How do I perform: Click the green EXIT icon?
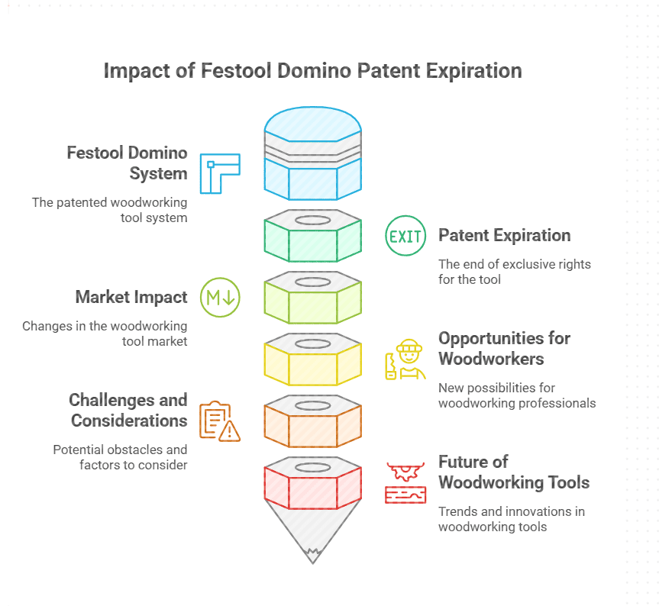click(405, 236)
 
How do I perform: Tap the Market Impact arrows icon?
click(220, 298)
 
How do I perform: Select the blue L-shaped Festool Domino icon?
click(220, 173)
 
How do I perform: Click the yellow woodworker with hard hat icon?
click(405, 359)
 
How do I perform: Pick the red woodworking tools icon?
click(405, 482)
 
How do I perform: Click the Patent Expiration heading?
click(504, 235)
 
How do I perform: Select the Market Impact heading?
click(131, 297)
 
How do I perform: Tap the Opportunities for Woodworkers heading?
click(504, 348)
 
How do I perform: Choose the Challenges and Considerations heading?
click(128, 410)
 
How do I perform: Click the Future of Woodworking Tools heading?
click(513, 472)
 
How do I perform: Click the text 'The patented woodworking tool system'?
click(109, 210)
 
